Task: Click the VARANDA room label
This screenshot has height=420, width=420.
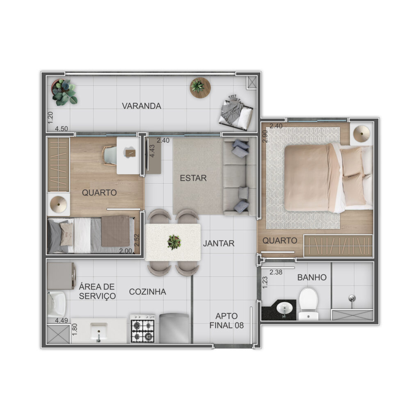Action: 142,106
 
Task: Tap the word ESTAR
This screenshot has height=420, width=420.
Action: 193,178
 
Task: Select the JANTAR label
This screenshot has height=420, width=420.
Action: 219,243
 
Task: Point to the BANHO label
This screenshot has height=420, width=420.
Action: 312,277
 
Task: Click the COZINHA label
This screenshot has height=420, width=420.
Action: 147,292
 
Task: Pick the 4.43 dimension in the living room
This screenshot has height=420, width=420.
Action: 152,151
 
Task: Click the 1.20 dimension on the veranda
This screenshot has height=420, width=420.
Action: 50,118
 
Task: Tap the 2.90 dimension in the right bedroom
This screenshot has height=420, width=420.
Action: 265,136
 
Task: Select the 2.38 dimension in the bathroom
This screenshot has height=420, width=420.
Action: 276,272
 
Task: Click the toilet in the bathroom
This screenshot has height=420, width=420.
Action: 308,304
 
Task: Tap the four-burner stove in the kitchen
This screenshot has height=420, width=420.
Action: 142,329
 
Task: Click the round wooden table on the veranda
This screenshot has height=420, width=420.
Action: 200,88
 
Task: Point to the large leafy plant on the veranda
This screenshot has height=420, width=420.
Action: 64,92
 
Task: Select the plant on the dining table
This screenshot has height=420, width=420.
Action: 174,242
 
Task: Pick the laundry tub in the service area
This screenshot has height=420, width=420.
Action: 56,305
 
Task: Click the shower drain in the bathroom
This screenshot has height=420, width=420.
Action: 352,298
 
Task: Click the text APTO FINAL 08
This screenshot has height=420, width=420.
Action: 226,321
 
